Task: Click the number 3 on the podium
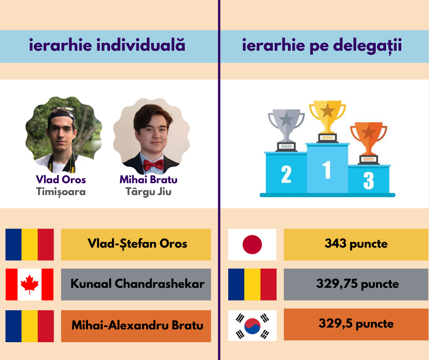coord(369,180)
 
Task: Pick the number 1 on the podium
coord(327,169)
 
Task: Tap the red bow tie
coord(153,165)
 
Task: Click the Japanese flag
coord(252,244)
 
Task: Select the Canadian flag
coord(30,284)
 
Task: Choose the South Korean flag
coord(252,325)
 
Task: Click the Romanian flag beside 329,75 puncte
coord(252,284)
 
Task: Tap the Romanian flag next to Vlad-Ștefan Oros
coord(30,244)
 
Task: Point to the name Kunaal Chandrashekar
coord(137,284)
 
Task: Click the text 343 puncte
coord(356,244)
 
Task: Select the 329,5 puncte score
coord(356,323)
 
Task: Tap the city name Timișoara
coord(61,192)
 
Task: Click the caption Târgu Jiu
coord(148,191)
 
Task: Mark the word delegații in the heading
coord(367,46)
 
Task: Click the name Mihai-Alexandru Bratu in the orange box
coord(137,325)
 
